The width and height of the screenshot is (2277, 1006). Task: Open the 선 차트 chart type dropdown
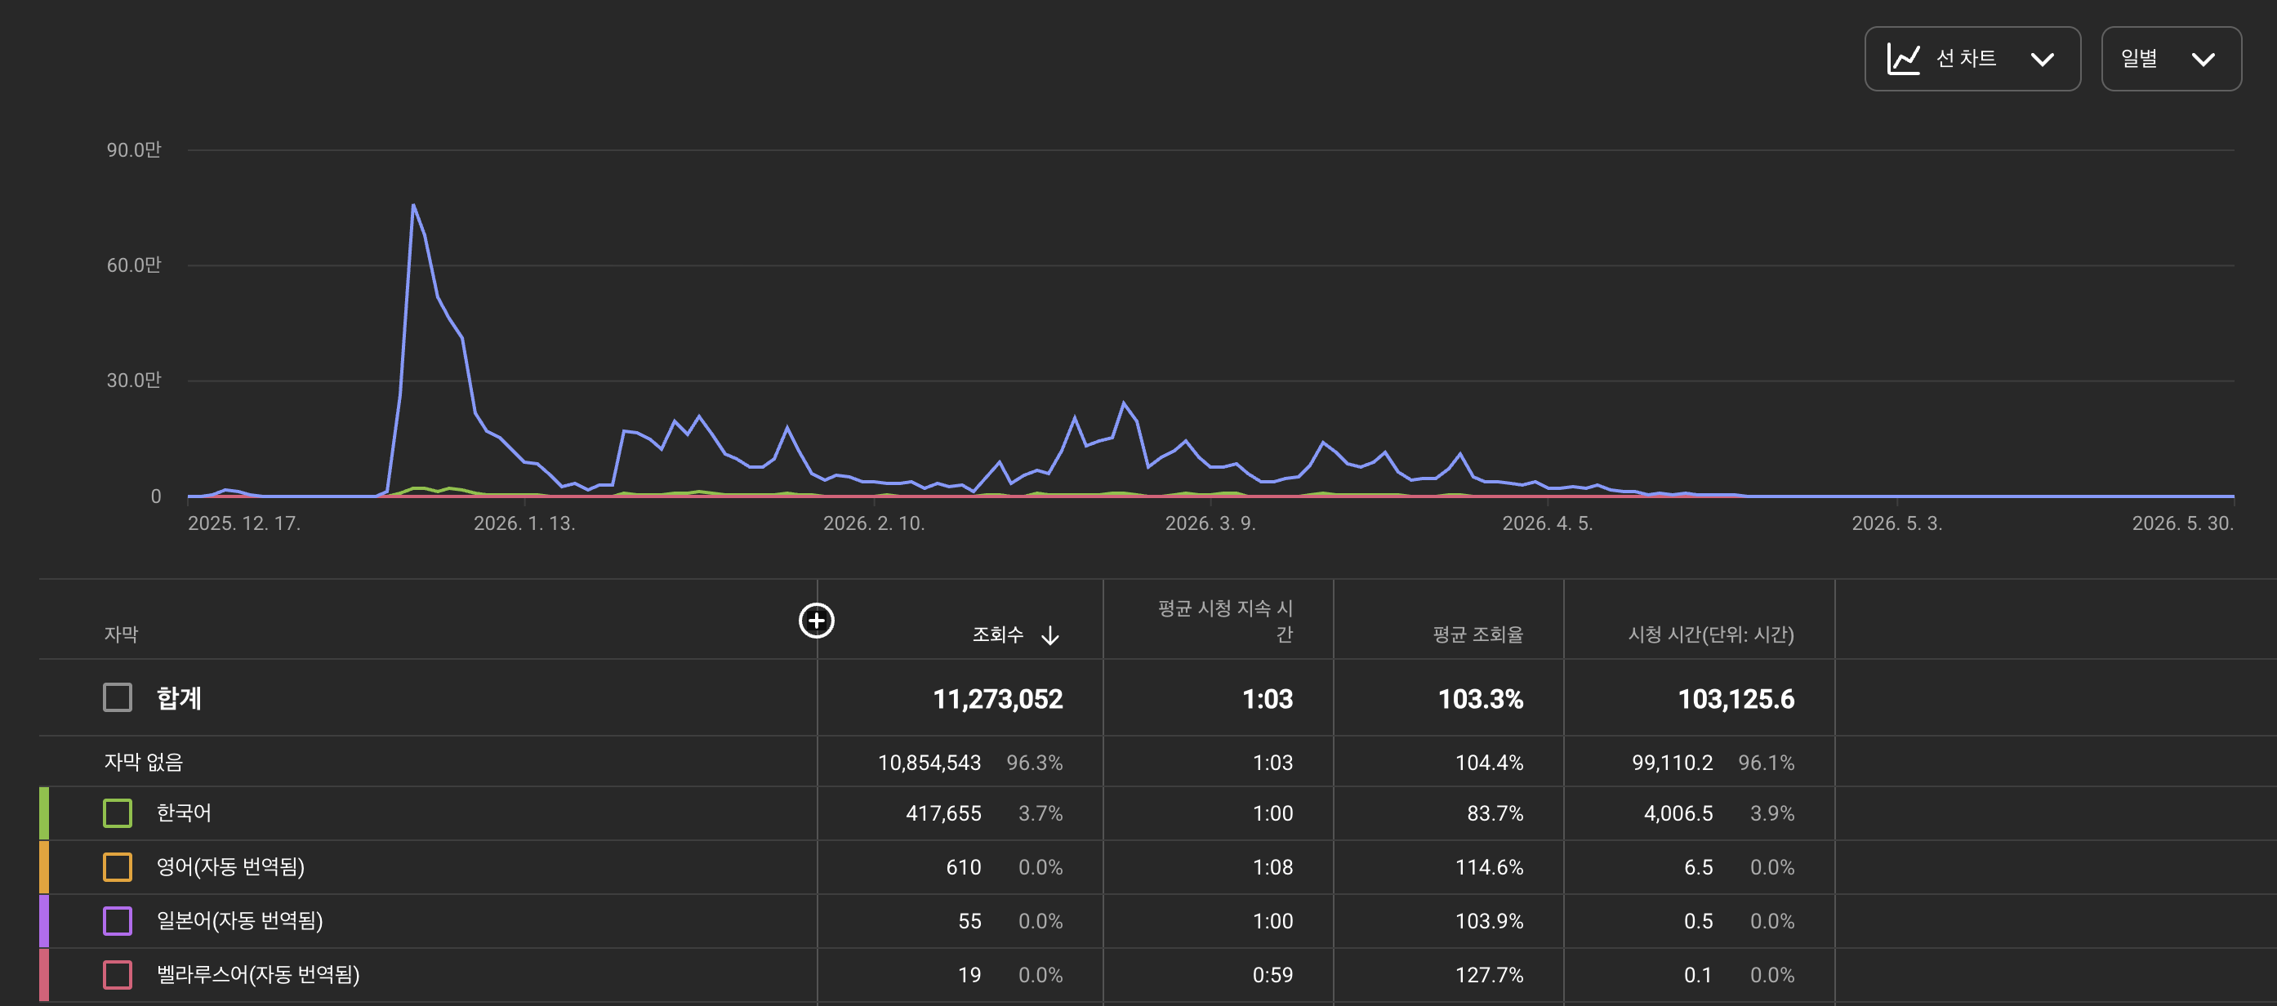1972,58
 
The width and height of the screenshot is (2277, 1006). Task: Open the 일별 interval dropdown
2171,58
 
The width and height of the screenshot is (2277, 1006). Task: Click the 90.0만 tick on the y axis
133,149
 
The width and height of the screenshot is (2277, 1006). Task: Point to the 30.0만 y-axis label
133,381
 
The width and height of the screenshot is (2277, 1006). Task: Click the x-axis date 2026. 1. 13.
524,523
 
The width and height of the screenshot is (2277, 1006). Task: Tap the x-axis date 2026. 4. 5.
1547,523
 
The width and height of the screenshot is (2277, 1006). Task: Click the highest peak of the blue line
412,205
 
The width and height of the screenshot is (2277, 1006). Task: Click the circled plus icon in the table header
817,621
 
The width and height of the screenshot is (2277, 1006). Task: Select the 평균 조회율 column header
1478,634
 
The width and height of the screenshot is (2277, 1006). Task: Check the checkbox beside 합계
118,697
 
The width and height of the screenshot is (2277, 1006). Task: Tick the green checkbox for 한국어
118,813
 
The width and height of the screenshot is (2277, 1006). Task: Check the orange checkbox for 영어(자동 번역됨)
118,867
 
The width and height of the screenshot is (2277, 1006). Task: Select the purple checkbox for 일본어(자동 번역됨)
118,921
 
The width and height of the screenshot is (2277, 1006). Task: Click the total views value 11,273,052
998,699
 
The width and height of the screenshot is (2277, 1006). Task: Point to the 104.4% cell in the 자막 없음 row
1490,763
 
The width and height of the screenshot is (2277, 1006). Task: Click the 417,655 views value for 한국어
943,813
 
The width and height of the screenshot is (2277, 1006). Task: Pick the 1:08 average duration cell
1273,867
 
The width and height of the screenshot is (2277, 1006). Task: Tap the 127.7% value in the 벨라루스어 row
1490,975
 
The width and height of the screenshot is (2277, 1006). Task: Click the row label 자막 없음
143,762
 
